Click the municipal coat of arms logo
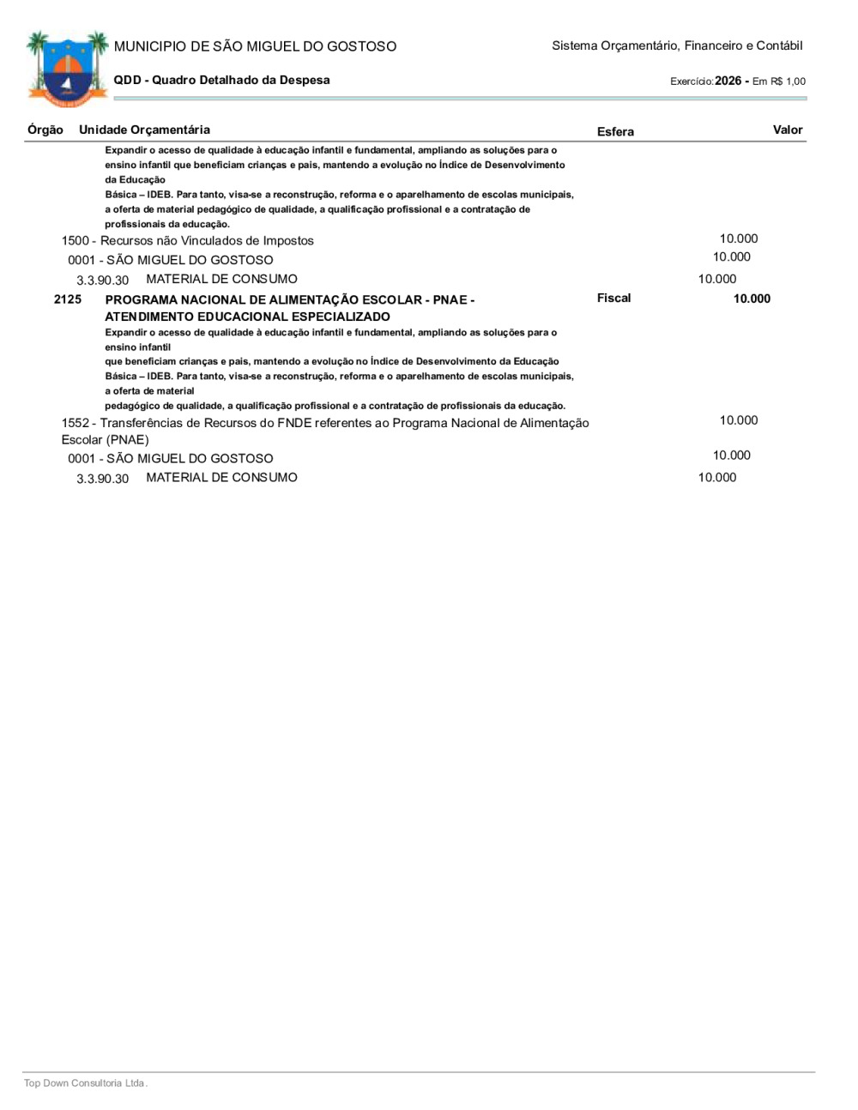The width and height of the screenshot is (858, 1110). [67, 69]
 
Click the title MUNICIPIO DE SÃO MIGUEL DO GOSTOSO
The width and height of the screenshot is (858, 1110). [255, 46]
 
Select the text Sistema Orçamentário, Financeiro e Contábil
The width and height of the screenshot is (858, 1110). [677, 45]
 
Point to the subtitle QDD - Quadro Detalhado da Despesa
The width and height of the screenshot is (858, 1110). [221, 80]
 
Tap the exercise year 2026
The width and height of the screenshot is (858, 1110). [728, 81]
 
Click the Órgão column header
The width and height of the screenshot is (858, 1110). [45, 130]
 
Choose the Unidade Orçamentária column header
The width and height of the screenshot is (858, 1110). [144, 130]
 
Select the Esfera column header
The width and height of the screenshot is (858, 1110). [615, 131]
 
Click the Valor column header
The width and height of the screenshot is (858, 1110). [788, 130]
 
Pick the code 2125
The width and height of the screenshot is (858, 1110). [68, 299]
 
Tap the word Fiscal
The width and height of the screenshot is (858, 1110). [613, 298]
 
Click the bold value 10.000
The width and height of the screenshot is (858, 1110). [752, 299]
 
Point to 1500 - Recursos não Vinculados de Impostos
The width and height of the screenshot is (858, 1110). [188, 241]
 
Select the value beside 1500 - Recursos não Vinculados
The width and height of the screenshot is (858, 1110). [739, 238]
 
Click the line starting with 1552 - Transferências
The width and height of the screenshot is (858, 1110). [325, 423]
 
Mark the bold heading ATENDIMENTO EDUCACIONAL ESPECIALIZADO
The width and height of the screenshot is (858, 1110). [247, 317]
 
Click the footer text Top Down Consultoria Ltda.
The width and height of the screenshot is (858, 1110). [86, 1083]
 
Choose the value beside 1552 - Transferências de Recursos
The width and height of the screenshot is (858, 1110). [739, 420]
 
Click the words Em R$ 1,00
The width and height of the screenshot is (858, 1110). [779, 81]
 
